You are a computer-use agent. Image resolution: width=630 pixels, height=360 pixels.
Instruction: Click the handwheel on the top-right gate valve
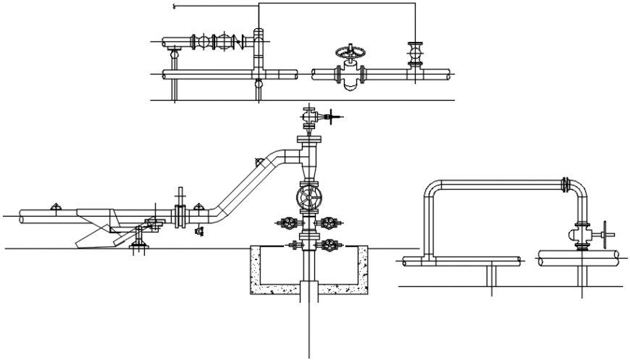tap(350, 52)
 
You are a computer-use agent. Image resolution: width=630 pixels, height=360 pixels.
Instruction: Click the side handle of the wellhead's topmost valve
tap(332, 116)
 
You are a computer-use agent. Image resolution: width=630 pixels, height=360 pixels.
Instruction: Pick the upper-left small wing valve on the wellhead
tap(290, 223)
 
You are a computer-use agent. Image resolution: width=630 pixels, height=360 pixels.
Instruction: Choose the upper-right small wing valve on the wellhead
tap(330, 223)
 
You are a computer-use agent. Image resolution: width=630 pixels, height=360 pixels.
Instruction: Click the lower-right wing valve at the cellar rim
tap(330, 246)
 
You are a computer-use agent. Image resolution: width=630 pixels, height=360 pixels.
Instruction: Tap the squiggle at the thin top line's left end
tap(174, 7)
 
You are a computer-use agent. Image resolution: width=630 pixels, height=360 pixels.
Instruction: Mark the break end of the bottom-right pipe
tap(617, 256)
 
